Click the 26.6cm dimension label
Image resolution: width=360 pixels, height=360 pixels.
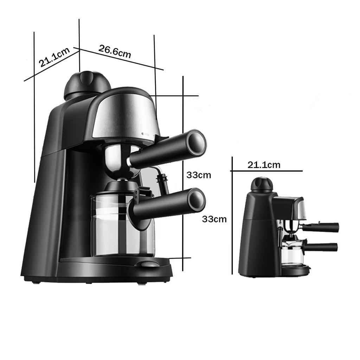115,51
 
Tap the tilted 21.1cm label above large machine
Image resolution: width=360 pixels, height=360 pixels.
54,57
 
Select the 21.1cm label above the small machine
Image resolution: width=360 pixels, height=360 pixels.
264,165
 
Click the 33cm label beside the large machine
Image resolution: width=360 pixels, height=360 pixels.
199,175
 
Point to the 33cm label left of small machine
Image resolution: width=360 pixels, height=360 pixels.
214,219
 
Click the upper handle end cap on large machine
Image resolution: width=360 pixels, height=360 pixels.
196,142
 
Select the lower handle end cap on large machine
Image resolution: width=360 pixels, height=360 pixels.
196,200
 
